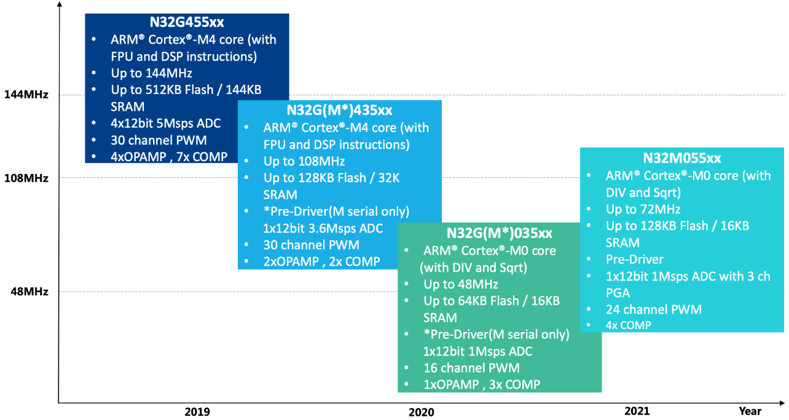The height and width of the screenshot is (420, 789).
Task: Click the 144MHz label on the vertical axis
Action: pyautogui.click(x=26, y=95)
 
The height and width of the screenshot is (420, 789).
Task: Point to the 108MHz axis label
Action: pyautogui.click(x=26, y=178)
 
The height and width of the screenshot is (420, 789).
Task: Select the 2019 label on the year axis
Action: pyautogui.click(x=197, y=412)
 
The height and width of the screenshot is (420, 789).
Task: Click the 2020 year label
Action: pyautogui.click(x=421, y=412)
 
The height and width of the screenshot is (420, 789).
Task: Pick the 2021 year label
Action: pyautogui.click(x=636, y=411)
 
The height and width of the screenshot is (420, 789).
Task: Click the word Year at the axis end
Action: pyautogui.click(x=750, y=411)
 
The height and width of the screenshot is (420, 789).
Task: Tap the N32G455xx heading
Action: pyautogui.click(x=187, y=23)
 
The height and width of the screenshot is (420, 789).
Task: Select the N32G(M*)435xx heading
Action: pyautogui.click(x=339, y=111)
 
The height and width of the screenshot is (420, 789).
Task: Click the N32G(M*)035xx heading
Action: pyautogui.click(x=499, y=234)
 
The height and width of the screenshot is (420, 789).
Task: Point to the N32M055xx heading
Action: pyautogui.click(x=681, y=158)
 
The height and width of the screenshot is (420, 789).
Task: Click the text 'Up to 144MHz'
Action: pyautogui.click(x=152, y=73)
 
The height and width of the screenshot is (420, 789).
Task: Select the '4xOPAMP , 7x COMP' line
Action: pyautogui.click(x=169, y=156)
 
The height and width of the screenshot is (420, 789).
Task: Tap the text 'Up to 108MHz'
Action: pyautogui.click(x=304, y=162)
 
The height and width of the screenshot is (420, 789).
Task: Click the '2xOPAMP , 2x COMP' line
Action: pyautogui.click(x=321, y=261)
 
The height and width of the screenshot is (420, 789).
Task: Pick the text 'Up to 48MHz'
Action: pyautogui.click(x=460, y=284)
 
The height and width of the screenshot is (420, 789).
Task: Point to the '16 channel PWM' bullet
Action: pyautogui.click(x=471, y=368)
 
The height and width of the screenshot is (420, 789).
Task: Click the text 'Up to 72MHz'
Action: pyautogui.click(x=643, y=209)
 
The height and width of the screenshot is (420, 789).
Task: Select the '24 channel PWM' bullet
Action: pyautogui.click(x=653, y=309)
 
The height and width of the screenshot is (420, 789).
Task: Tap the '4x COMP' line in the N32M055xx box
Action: pyautogui.click(x=628, y=325)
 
